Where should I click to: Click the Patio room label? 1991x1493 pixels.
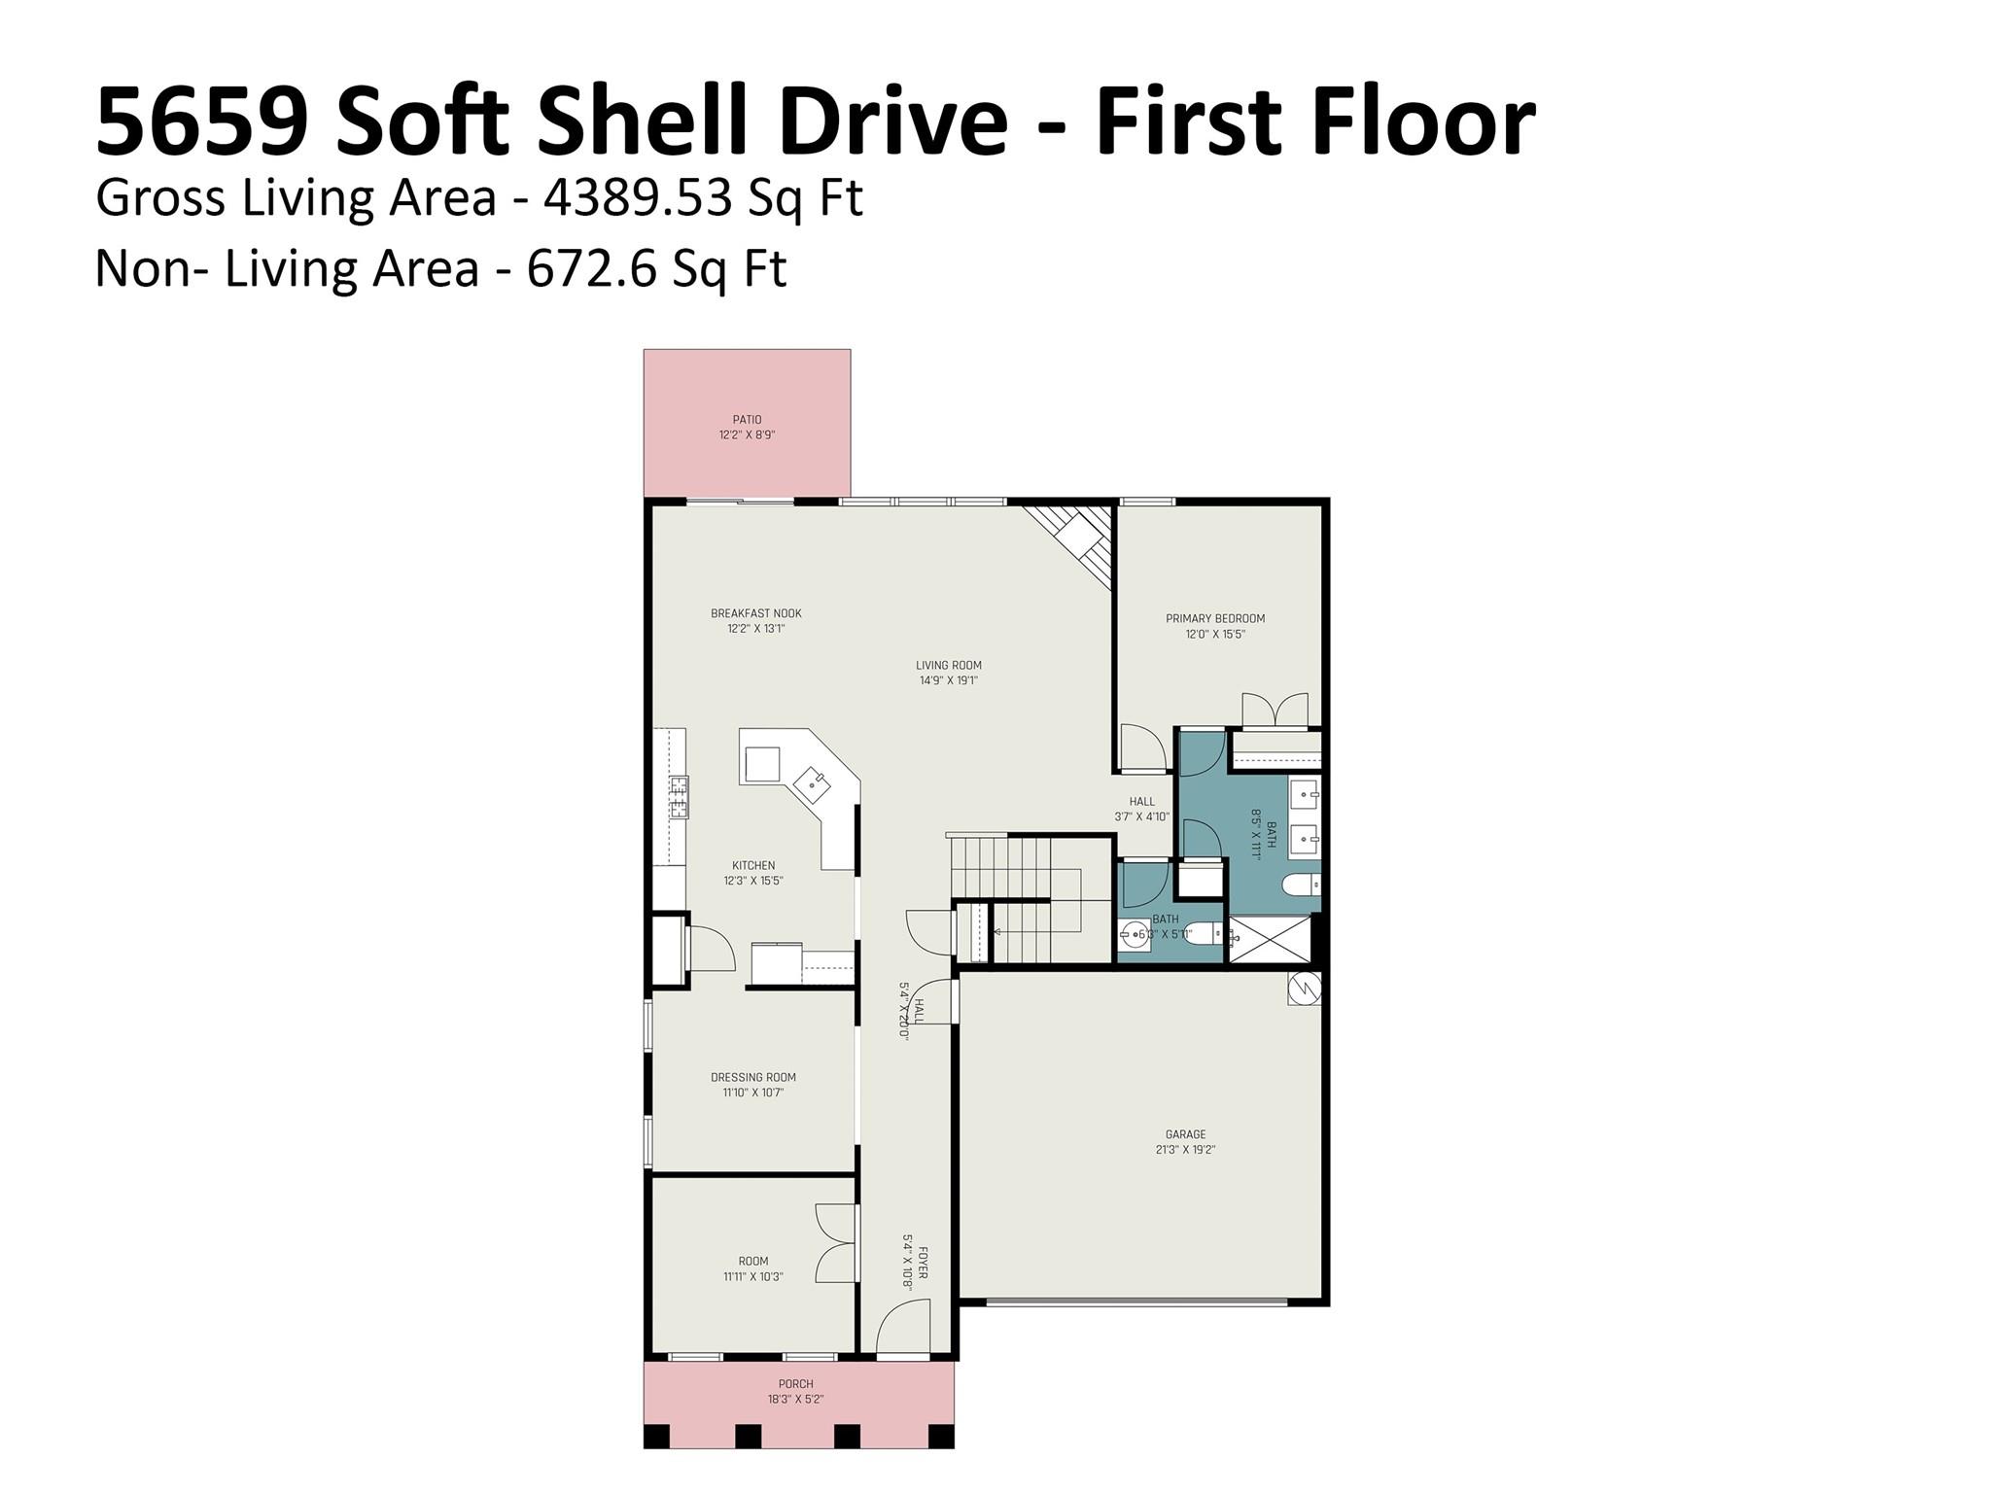point(747,420)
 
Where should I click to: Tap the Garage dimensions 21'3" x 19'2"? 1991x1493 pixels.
point(1185,1149)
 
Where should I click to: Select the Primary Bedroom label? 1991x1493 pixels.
point(1215,618)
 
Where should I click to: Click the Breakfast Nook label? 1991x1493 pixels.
point(755,613)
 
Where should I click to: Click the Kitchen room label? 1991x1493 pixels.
point(752,865)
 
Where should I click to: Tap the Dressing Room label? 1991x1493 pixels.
point(752,1077)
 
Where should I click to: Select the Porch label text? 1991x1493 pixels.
point(795,1384)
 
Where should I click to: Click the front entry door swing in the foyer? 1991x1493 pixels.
point(903,1330)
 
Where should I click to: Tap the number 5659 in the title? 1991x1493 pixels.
point(201,122)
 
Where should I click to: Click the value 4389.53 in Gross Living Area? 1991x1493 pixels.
point(637,198)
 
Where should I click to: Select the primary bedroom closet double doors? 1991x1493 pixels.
point(1275,711)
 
